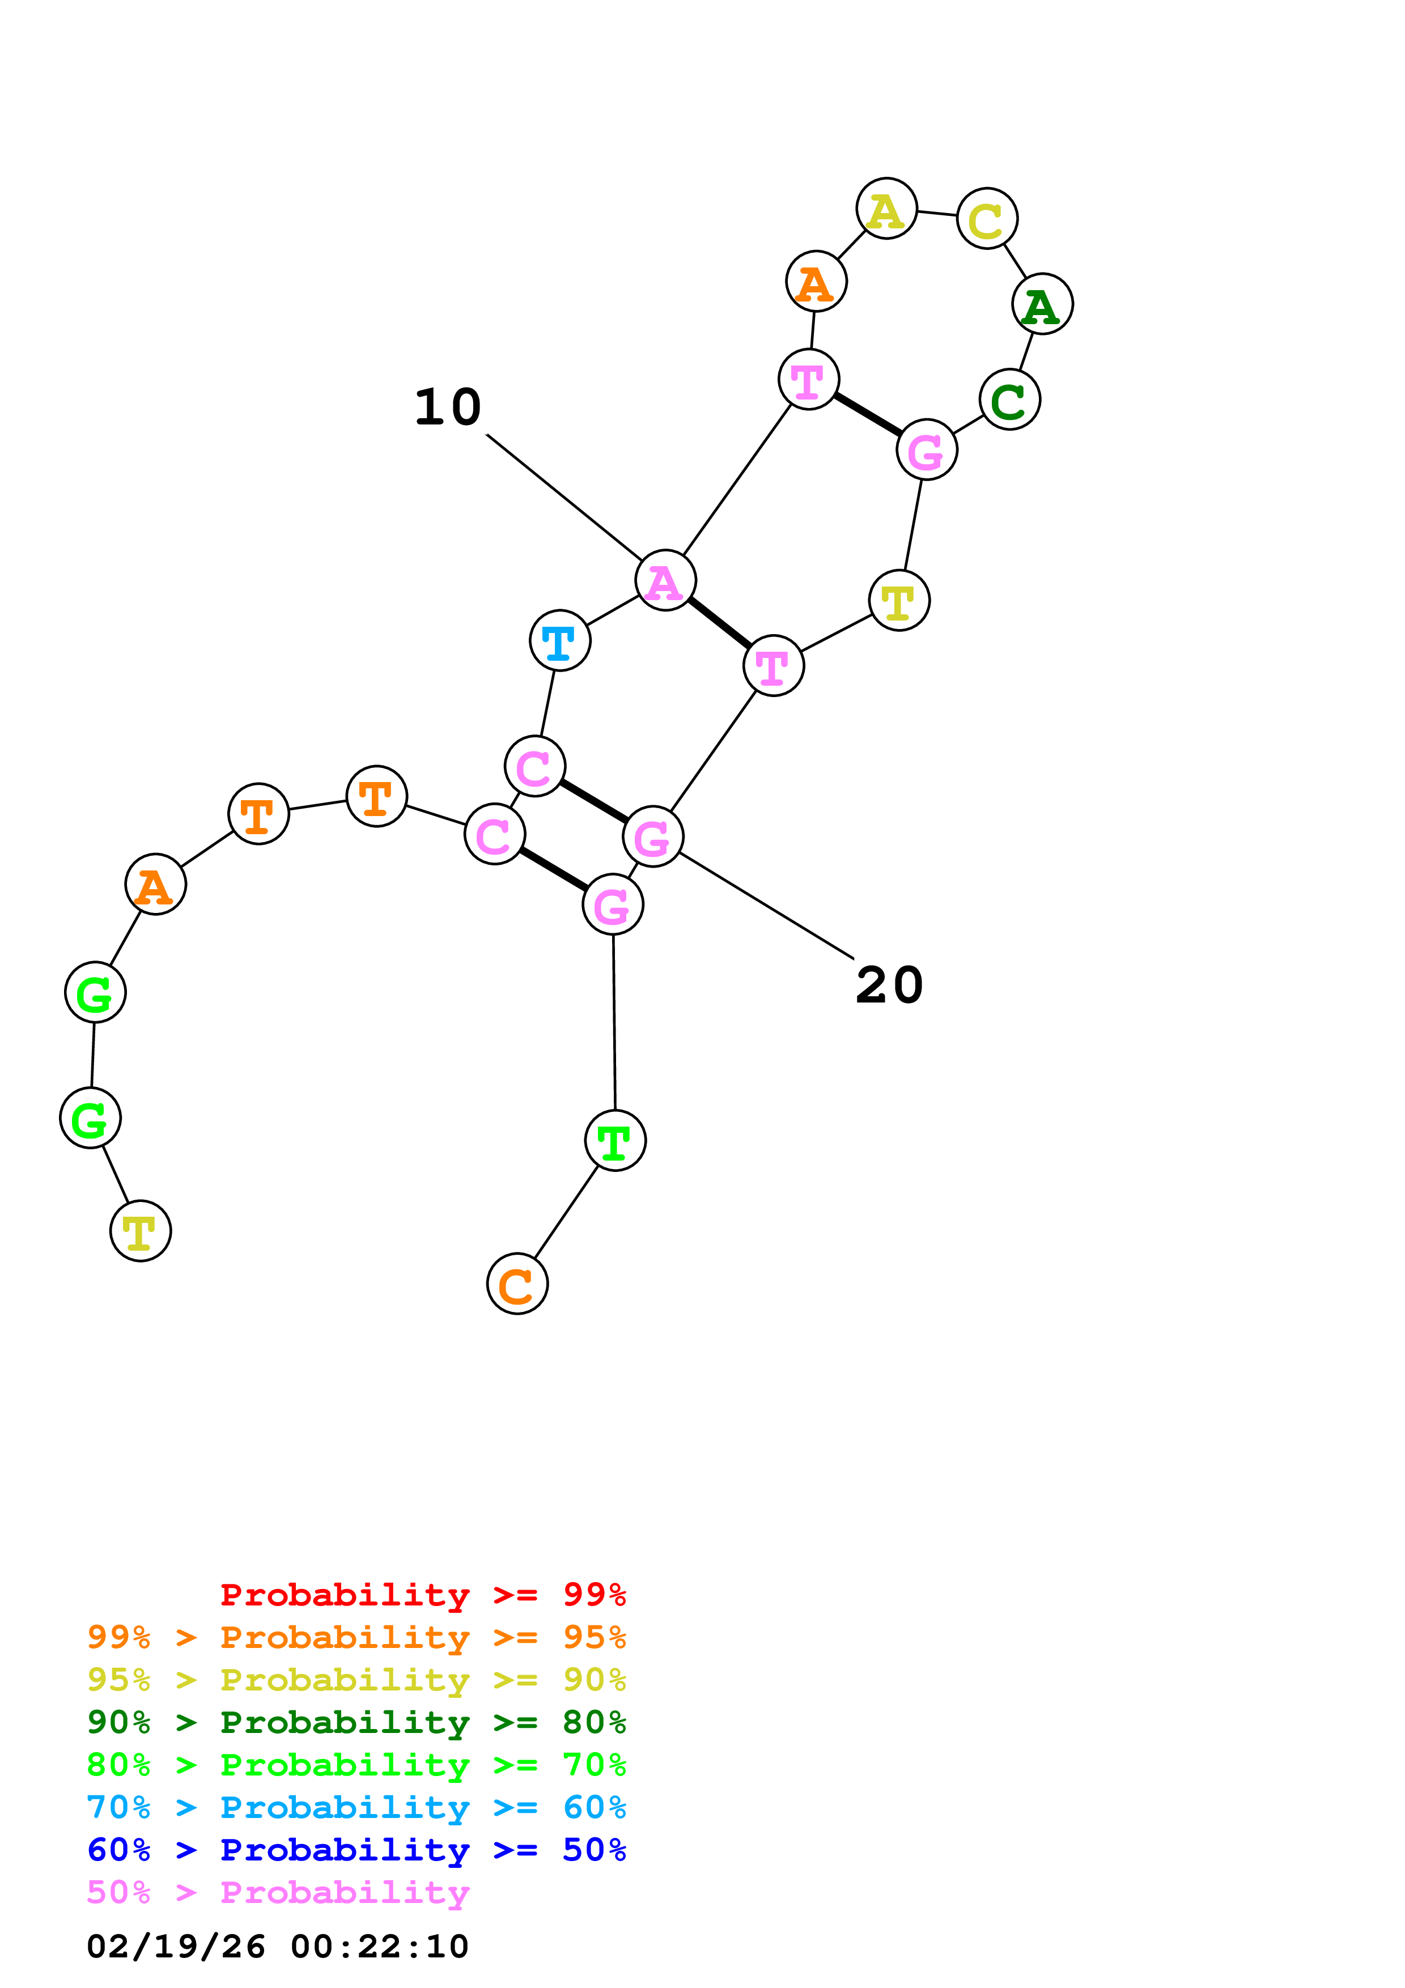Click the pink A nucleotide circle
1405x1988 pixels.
[665, 580]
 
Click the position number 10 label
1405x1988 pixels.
[448, 407]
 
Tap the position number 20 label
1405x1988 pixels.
[889, 985]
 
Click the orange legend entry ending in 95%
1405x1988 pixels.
[356, 1637]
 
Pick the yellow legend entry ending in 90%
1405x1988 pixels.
[356, 1679]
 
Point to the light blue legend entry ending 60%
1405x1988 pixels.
[356, 1807]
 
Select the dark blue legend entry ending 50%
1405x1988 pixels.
[356, 1850]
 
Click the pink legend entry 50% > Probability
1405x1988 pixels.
[278, 1892]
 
